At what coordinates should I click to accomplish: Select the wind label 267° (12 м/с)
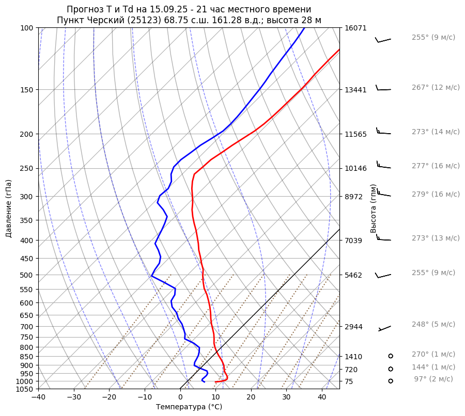point(435,88)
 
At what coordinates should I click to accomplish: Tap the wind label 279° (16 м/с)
point(435,194)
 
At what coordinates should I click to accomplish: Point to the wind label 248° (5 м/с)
point(433,324)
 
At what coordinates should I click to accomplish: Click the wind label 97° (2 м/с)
point(433,379)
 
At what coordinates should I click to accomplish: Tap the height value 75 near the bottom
point(349,381)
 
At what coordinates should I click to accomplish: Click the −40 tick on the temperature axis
point(38,397)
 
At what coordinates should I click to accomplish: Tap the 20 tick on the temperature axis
point(251,397)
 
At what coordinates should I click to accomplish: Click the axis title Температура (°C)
point(189,407)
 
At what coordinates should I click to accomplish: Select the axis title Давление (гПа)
point(9,209)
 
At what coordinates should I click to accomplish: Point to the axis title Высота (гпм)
point(373,209)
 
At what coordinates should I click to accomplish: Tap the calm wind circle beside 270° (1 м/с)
point(391,356)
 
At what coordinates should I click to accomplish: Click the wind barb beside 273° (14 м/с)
point(383,132)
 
